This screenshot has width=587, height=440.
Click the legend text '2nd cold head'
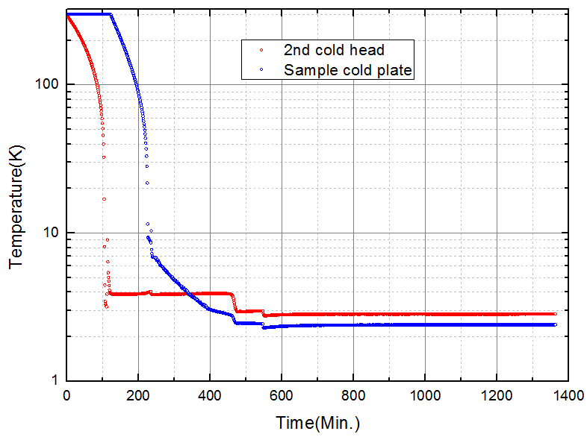(x=334, y=51)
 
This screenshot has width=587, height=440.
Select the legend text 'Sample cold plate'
(x=348, y=70)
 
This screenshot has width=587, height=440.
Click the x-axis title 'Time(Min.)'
(x=317, y=424)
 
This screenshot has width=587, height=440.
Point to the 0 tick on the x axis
(x=66, y=395)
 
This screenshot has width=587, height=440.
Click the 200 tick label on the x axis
(x=138, y=395)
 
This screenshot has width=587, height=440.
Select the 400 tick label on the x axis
(x=210, y=395)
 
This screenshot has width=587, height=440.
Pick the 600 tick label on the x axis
(x=282, y=395)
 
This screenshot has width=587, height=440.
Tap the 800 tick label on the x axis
(x=353, y=395)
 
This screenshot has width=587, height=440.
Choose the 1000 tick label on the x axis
(x=425, y=395)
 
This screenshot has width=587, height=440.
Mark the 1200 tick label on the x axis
(x=497, y=395)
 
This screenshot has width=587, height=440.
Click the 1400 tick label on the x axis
(x=568, y=395)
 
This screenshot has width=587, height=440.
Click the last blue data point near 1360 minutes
(x=554, y=324)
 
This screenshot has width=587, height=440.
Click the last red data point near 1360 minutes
(x=554, y=314)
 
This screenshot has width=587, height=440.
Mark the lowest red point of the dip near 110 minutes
(x=107, y=307)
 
